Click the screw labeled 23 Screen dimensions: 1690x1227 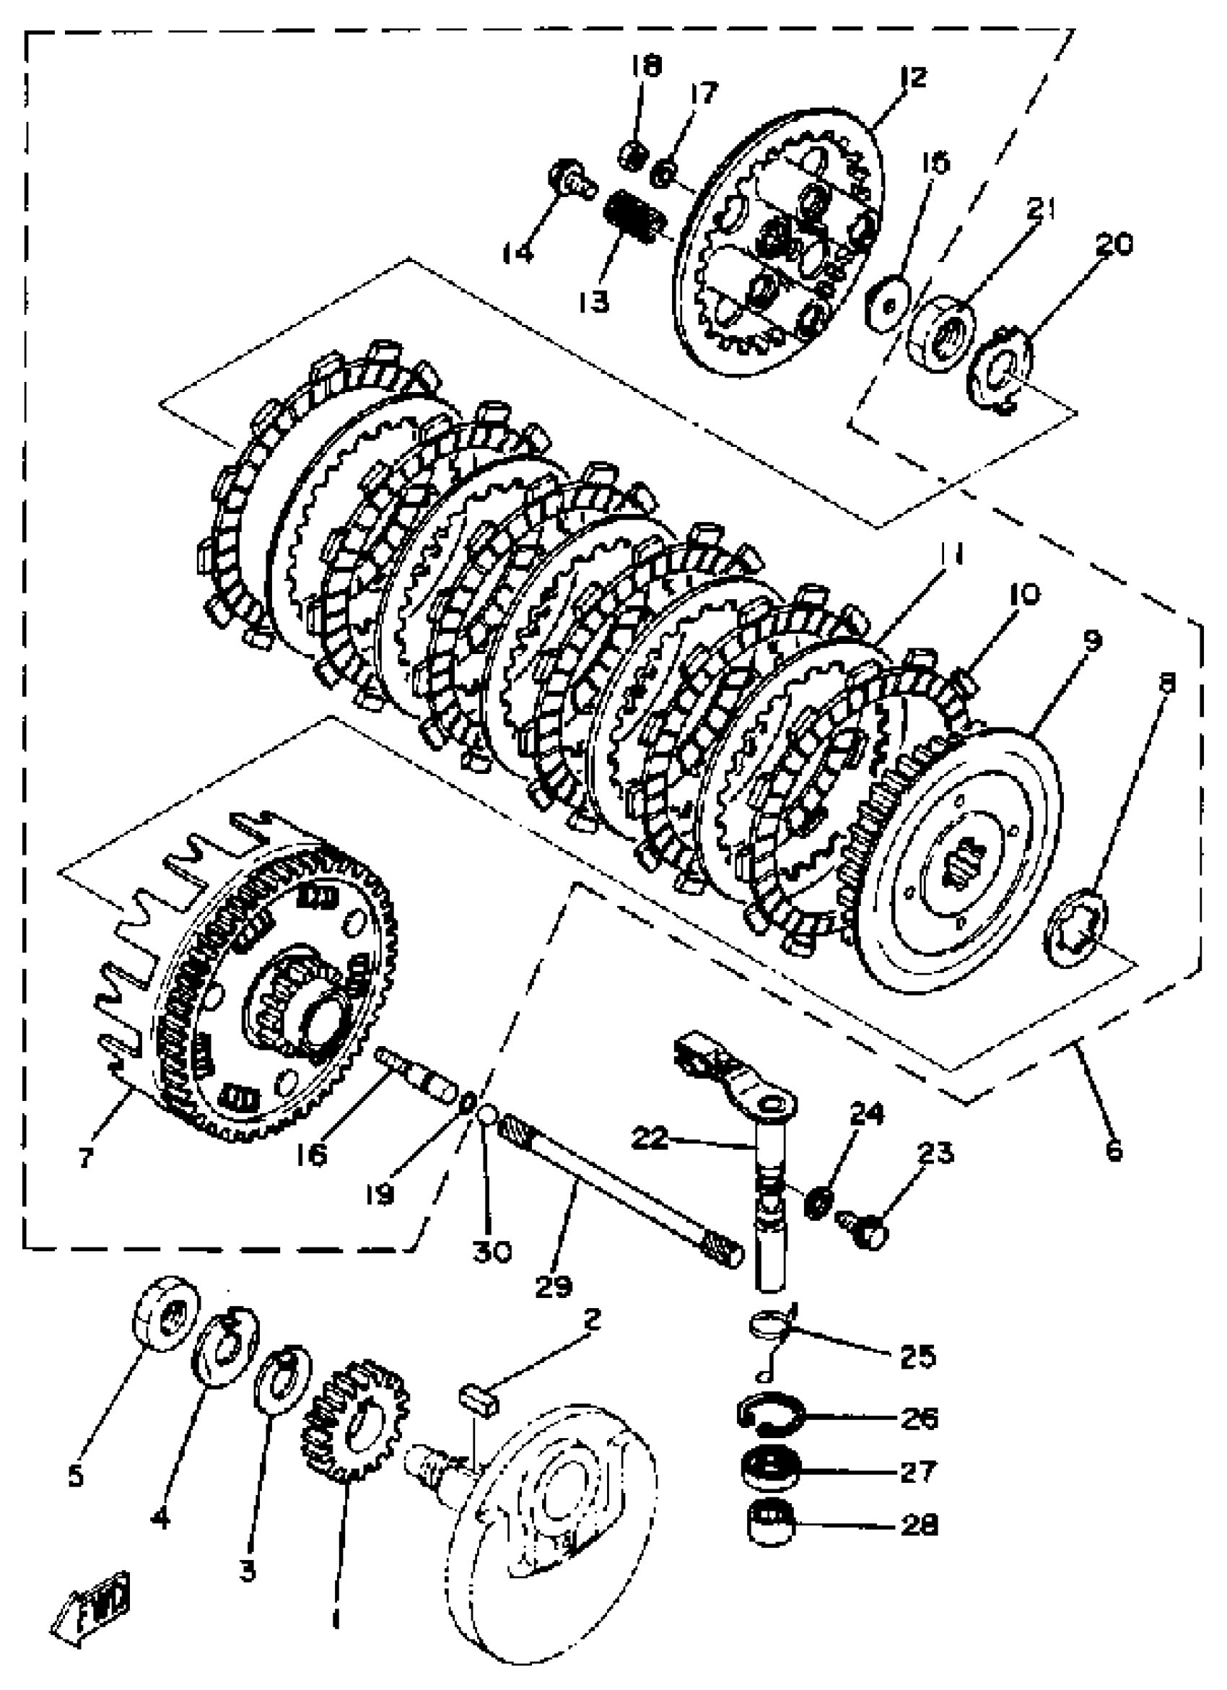coord(864,1237)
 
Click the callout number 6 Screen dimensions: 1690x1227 coord(1114,1151)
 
